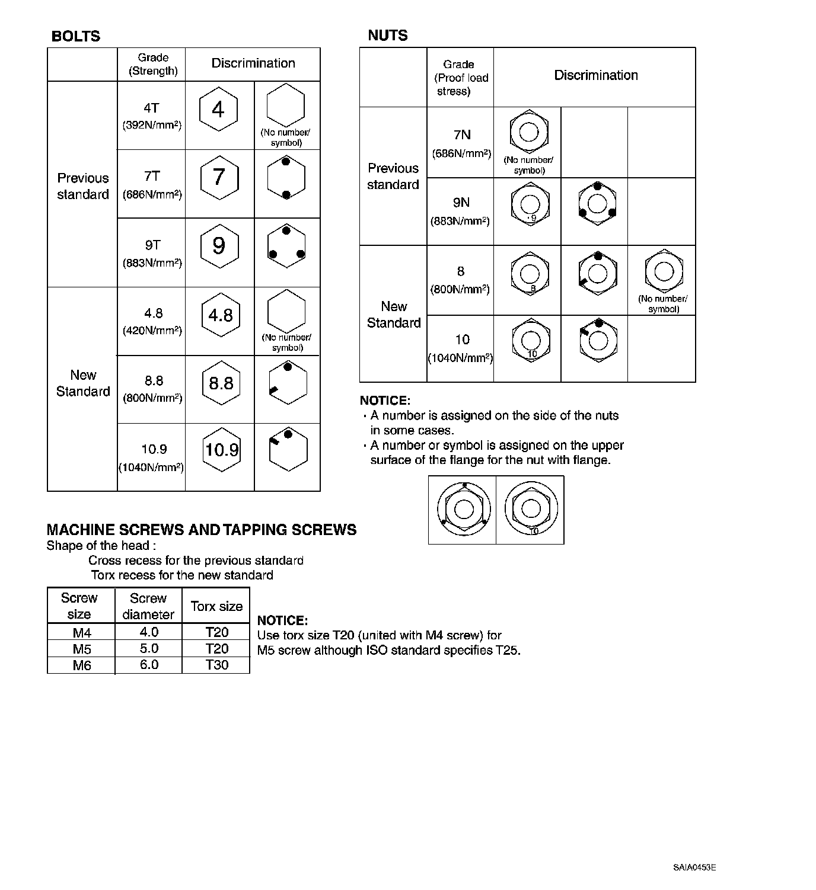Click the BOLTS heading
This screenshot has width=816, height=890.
(x=76, y=36)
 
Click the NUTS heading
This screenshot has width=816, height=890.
(x=388, y=36)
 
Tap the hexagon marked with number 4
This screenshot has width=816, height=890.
(x=218, y=110)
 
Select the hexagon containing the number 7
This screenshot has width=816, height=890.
(x=219, y=177)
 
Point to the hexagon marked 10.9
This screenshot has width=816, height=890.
(x=222, y=450)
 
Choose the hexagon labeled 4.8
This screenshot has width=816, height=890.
(x=221, y=315)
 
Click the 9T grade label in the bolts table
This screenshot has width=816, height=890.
(x=152, y=245)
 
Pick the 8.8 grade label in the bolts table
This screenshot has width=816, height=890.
(x=154, y=381)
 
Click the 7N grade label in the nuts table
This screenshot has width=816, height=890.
(x=462, y=136)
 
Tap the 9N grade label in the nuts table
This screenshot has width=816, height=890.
(x=461, y=203)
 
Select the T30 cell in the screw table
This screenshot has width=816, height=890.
(x=216, y=665)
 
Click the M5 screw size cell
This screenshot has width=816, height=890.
(x=82, y=649)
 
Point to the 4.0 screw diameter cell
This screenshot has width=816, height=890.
(x=149, y=632)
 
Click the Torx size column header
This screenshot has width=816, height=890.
(x=216, y=606)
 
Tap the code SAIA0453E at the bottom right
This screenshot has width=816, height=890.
(x=694, y=867)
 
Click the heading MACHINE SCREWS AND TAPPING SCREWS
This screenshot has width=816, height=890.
(x=202, y=530)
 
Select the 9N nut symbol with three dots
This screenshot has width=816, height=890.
(x=597, y=203)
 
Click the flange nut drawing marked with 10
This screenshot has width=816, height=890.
(x=530, y=510)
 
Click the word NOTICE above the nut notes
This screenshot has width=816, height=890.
(x=385, y=401)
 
